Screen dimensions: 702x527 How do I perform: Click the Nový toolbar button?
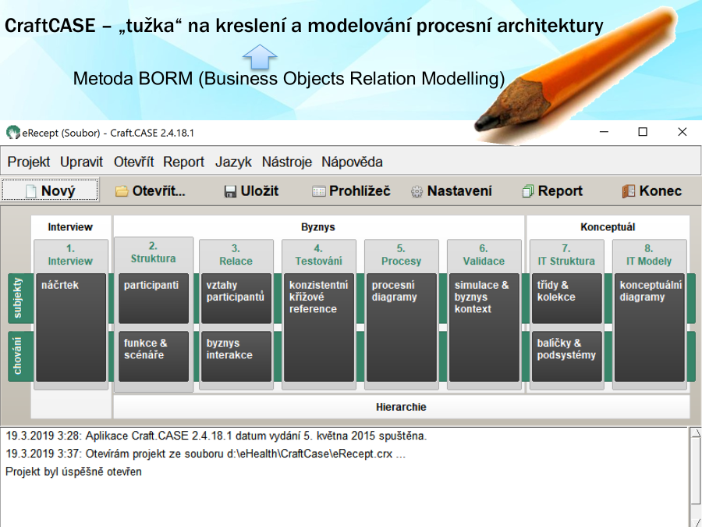click(50, 191)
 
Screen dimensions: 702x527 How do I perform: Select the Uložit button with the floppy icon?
click(250, 191)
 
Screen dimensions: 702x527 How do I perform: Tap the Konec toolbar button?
click(652, 191)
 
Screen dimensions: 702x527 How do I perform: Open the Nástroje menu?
click(286, 162)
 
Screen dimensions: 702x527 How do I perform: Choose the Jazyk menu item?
click(233, 162)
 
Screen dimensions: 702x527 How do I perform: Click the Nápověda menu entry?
click(352, 162)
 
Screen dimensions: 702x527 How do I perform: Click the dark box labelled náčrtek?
click(71, 328)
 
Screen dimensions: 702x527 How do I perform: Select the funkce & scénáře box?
click(154, 357)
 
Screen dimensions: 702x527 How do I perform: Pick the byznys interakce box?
click(236, 357)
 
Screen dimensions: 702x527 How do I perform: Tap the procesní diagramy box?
click(402, 328)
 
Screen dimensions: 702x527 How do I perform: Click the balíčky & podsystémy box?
click(567, 357)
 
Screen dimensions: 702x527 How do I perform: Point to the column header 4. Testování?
click(319, 255)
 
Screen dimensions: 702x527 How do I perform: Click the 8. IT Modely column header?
click(649, 255)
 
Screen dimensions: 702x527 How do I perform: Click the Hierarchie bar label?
click(401, 407)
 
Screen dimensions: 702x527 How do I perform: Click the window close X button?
click(682, 132)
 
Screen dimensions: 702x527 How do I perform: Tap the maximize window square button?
click(643, 132)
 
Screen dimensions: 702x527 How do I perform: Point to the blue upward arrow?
click(260, 56)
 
